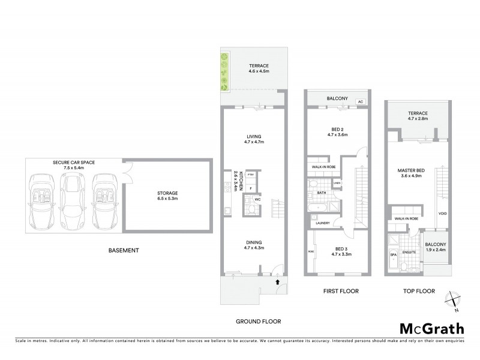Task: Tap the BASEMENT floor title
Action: (124, 250)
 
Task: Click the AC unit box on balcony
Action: (361, 102)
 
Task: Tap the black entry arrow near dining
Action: (277, 280)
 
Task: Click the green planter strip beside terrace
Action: (224, 71)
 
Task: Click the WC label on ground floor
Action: (257, 199)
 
